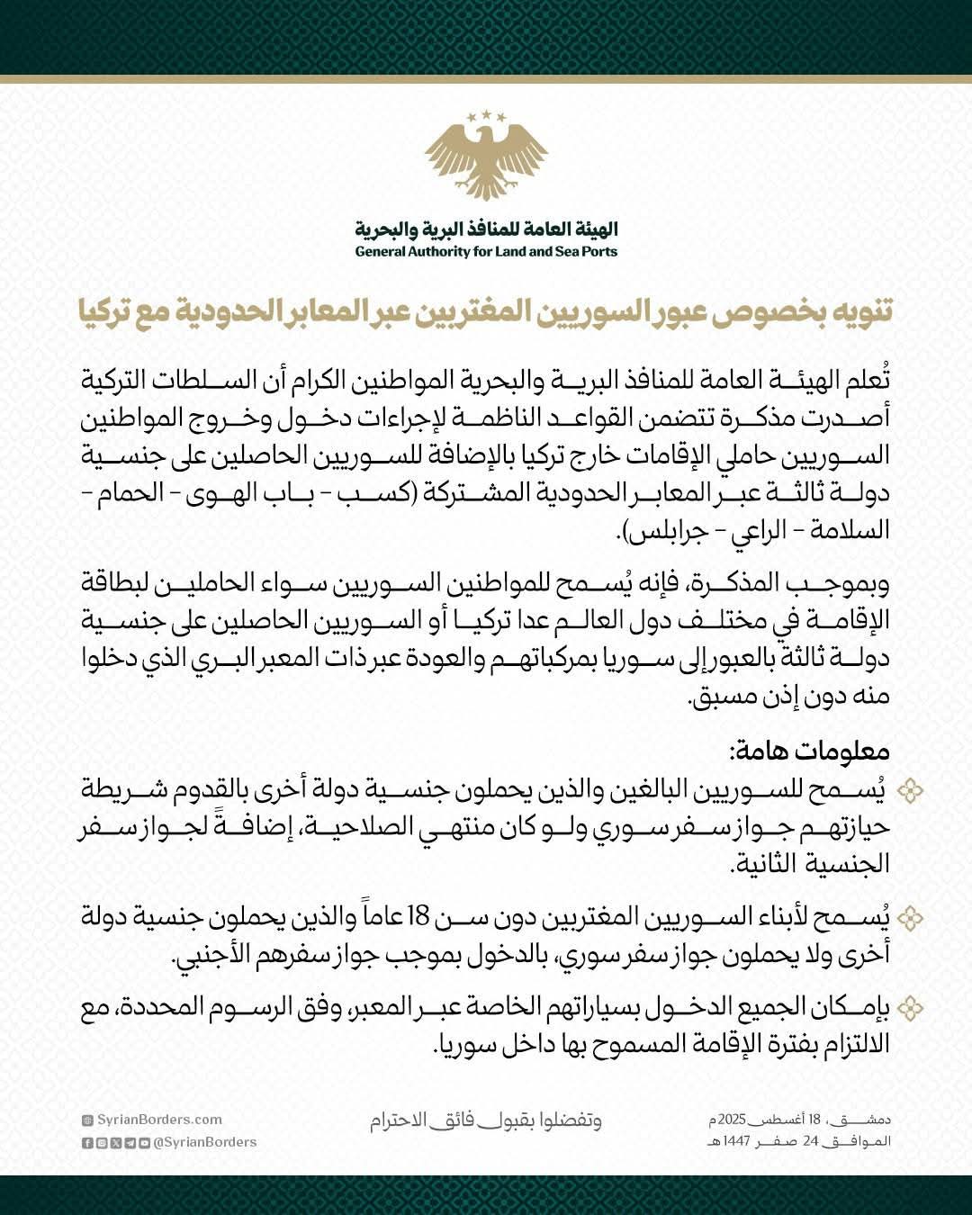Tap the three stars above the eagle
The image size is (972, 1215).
[x=486, y=115]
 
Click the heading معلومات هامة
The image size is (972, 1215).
[x=809, y=752]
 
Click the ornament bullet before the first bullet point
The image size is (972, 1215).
[x=911, y=791]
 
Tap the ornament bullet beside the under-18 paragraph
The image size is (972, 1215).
[x=911, y=918]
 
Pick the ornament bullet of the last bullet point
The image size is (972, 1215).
[x=911, y=1008]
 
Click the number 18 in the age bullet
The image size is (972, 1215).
[x=418, y=919]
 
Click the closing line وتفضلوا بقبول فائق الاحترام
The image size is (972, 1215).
[x=486, y=1121]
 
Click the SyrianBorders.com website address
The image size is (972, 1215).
[x=157, y=1120]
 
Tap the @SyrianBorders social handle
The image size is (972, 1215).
[x=205, y=1142]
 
